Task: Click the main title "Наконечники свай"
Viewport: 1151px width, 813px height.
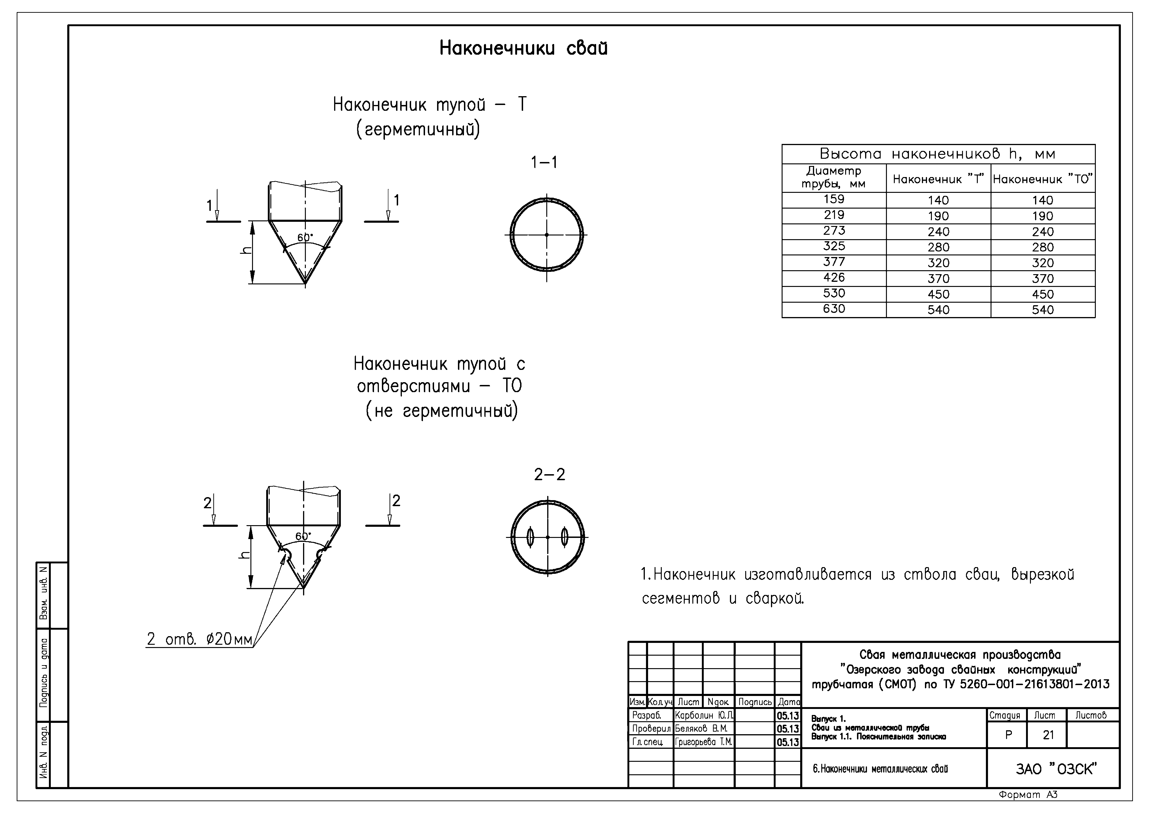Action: tap(523, 49)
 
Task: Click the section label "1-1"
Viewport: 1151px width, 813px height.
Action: tap(544, 162)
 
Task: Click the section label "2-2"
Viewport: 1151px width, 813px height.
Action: tap(550, 474)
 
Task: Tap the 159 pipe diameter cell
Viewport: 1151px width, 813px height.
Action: tap(834, 199)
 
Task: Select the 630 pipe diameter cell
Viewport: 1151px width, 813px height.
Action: tap(834, 309)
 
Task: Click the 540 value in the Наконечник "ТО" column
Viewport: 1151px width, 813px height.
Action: tap(1042, 310)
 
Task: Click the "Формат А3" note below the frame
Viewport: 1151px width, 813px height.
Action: tap(1028, 795)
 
